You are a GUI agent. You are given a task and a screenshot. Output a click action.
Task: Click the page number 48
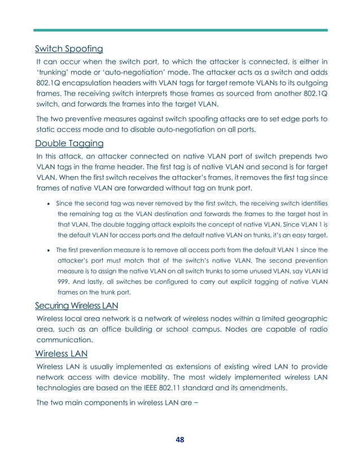tap(179, 439)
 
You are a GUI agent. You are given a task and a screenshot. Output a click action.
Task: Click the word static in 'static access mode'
tap(47, 130)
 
